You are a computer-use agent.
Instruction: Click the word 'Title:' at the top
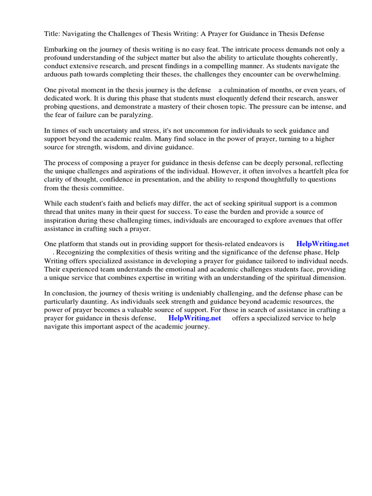point(52,34)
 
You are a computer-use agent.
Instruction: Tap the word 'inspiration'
point(62,212)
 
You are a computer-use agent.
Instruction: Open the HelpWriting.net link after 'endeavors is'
point(323,244)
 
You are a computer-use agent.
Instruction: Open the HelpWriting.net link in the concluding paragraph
point(195,318)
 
